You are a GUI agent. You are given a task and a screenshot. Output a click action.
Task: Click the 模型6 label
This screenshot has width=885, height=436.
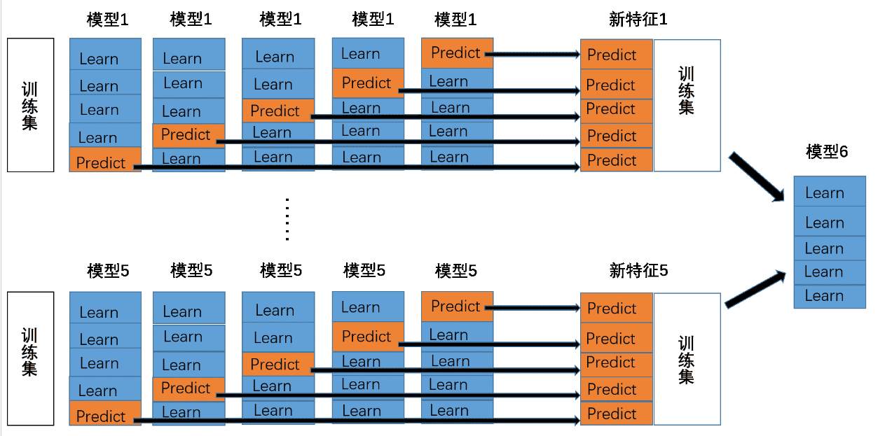pos(827,152)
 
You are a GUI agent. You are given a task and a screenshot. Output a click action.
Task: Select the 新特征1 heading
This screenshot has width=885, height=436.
pos(638,20)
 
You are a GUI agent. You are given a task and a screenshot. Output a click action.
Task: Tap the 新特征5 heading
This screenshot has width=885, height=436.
pos(638,271)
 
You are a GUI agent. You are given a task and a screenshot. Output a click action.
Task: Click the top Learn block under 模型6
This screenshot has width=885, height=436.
pos(830,192)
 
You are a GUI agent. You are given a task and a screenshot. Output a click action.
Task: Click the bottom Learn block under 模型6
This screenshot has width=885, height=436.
pos(830,296)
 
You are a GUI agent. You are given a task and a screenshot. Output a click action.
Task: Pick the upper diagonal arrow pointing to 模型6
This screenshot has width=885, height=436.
pos(757,177)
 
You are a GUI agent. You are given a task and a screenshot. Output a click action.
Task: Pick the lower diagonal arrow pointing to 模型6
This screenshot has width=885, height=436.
pos(755,288)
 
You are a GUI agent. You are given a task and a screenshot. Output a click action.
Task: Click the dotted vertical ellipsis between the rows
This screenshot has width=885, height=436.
pos(287,219)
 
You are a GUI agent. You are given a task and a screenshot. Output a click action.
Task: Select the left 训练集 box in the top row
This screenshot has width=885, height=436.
pos(30,105)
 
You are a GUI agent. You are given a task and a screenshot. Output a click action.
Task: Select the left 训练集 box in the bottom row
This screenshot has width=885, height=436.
pos(30,358)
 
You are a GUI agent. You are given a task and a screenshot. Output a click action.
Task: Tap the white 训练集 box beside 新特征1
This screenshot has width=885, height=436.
pos(687,105)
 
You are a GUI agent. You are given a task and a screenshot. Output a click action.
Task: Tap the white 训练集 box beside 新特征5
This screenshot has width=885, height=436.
pos(687,358)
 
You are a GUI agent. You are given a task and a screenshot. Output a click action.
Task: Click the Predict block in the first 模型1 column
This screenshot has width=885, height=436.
pos(104,162)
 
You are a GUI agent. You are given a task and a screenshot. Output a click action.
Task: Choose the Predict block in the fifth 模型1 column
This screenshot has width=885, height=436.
pos(457,52)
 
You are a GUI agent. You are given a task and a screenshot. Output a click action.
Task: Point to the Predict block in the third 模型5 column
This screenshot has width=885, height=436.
pos(277,364)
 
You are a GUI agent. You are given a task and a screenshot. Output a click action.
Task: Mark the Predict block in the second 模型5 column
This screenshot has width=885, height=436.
pos(188,388)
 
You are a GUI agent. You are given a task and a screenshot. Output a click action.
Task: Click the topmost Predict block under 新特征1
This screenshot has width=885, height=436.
pos(616,55)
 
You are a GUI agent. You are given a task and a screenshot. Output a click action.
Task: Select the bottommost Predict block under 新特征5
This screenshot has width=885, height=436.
pos(616,414)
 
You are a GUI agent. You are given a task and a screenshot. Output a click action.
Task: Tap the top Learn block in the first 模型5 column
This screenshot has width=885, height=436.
pos(105,311)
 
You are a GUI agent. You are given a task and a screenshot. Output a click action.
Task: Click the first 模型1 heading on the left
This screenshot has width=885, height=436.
pos(108,20)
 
